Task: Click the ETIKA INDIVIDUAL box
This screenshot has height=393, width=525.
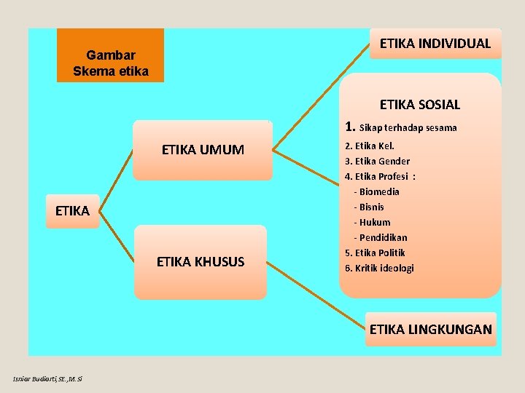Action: coord(435,44)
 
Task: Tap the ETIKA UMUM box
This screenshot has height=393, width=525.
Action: coord(203,151)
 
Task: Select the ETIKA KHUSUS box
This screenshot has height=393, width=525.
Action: coord(201,262)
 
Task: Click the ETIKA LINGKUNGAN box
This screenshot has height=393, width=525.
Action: coord(430,329)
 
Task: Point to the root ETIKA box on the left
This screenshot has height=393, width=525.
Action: coord(72,211)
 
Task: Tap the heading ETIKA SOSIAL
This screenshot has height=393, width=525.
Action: coord(420,105)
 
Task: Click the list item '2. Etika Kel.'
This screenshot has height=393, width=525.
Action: coord(370,146)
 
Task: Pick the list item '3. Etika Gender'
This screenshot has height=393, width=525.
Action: coord(377,161)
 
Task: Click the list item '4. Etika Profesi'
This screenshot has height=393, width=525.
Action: coord(380,176)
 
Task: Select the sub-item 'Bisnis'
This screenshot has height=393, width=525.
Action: coord(373,207)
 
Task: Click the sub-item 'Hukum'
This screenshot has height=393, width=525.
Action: coord(374,222)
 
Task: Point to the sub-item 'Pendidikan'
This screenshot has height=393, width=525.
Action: coord(382,237)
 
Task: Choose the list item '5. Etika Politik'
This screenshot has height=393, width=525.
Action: coord(375,253)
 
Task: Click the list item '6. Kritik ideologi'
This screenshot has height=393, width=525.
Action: coord(379,268)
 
